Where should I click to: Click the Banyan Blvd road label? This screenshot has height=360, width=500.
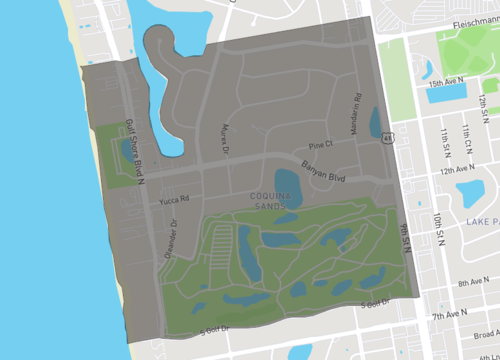[x=322, y=167]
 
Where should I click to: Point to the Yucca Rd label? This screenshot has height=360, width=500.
[x=172, y=198]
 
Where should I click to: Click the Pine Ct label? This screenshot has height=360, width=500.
[x=319, y=144]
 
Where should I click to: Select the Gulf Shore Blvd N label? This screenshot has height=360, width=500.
[x=128, y=151]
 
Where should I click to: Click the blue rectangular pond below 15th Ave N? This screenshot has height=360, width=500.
[x=448, y=96]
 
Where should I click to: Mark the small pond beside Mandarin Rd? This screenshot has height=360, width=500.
[x=375, y=122]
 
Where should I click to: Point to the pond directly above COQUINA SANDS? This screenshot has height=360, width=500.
[x=287, y=184]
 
